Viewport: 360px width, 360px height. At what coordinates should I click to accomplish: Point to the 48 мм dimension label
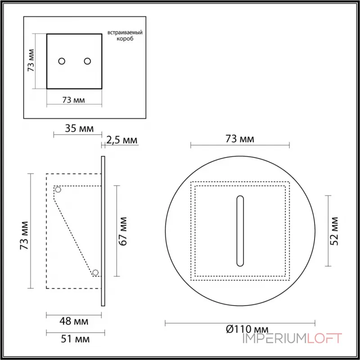click(74, 321)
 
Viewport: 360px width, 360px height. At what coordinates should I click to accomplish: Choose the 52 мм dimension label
click(334, 231)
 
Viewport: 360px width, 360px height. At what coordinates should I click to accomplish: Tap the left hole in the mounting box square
click(62, 61)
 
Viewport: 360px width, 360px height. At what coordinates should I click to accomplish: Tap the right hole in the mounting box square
click(87, 61)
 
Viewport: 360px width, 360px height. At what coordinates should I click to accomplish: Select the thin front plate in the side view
click(103, 231)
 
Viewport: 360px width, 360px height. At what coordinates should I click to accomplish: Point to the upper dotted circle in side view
click(58, 189)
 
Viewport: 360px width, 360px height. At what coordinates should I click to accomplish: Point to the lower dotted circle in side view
click(95, 272)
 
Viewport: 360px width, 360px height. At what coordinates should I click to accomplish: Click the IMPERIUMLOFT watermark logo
click(292, 338)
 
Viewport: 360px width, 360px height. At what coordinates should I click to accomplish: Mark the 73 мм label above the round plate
click(239, 139)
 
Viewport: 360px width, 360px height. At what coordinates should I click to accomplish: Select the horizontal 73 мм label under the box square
click(73, 99)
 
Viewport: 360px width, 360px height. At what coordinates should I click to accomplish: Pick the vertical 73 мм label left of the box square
click(31, 61)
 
